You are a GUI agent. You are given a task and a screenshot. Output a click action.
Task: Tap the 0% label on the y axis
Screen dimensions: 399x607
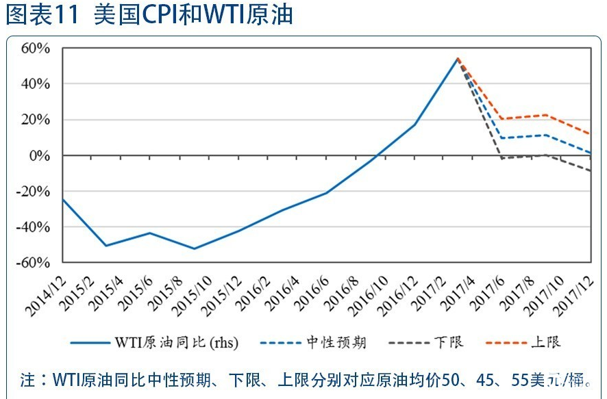42,155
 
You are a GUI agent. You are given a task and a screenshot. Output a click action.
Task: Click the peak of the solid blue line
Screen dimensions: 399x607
457,59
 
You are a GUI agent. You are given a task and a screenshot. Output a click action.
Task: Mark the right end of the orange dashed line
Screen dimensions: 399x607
590,134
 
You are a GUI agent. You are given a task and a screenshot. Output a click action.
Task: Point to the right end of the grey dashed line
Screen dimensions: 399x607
590,170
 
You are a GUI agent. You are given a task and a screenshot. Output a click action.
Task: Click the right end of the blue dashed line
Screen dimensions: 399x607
590,153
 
